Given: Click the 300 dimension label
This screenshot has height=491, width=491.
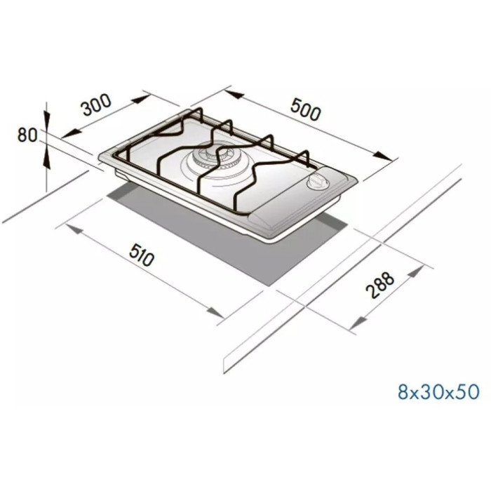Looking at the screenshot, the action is point(96,105).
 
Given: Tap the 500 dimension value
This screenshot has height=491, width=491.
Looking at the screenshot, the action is point(305,109).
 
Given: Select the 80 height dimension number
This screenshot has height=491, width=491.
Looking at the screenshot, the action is point(27,135).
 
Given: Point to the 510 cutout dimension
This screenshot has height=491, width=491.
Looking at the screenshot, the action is point(142,255).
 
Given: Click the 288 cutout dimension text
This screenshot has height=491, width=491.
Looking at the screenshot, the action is point(380,285).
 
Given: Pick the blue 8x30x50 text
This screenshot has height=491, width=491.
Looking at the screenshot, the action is point(438,391).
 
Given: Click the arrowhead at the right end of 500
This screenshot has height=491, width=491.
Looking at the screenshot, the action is point(383,156).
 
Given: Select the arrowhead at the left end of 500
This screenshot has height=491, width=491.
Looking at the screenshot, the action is point(234,94).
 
